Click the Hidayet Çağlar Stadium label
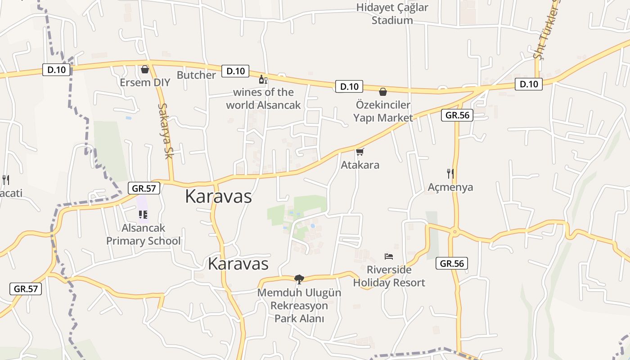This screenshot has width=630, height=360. [x=392, y=14]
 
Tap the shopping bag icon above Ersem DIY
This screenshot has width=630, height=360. [x=145, y=69]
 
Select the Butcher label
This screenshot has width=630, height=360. [x=196, y=75]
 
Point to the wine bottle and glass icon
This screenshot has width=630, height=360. [x=263, y=80]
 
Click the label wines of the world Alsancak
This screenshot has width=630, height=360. [x=263, y=99]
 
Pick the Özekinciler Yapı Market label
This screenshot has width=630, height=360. [x=382, y=111]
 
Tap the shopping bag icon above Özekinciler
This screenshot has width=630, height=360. [x=382, y=92]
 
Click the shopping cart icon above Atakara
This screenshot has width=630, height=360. [x=360, y=152]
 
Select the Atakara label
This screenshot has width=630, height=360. [x=360, y=165]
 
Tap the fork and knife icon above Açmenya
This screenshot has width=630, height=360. [x=450, y=173]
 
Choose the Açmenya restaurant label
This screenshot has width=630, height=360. [x=450, y=187]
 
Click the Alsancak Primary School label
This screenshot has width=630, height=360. [x=143, y=234]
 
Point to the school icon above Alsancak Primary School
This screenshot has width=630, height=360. [x=143, y=215]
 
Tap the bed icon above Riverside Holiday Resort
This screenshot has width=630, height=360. [x=389, y=256]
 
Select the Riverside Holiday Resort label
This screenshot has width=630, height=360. [x=389, y=276]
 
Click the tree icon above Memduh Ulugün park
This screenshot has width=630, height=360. [x=299, y=279]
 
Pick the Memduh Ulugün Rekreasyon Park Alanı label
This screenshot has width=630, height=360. [x=299, y=306]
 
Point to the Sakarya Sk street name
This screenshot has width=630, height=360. [x=165, y=131]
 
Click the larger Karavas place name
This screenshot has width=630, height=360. [x=218, y=197]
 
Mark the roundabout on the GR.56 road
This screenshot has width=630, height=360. [x=455, y=232]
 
